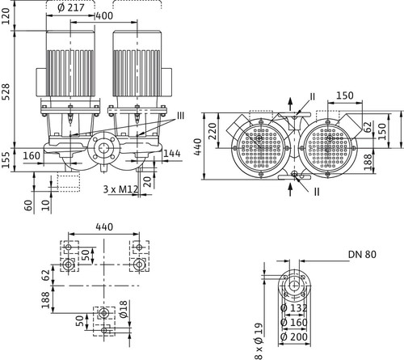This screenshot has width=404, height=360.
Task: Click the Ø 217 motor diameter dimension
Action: pos(71,7)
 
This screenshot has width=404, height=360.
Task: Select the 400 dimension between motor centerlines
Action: pos(104,16)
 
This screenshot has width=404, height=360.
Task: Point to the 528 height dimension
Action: pos(6,91)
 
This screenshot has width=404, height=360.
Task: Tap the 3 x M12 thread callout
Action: pos(120,189)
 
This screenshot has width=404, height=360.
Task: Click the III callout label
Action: pos(180,116)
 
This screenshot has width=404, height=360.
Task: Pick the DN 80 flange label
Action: pos(362,254)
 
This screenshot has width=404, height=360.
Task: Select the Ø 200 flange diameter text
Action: pos(294,337)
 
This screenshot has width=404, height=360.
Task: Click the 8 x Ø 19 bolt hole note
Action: pos(259,341)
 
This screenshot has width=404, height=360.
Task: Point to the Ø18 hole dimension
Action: pos(123,309)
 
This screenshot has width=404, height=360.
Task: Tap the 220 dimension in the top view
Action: pos(213,131)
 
